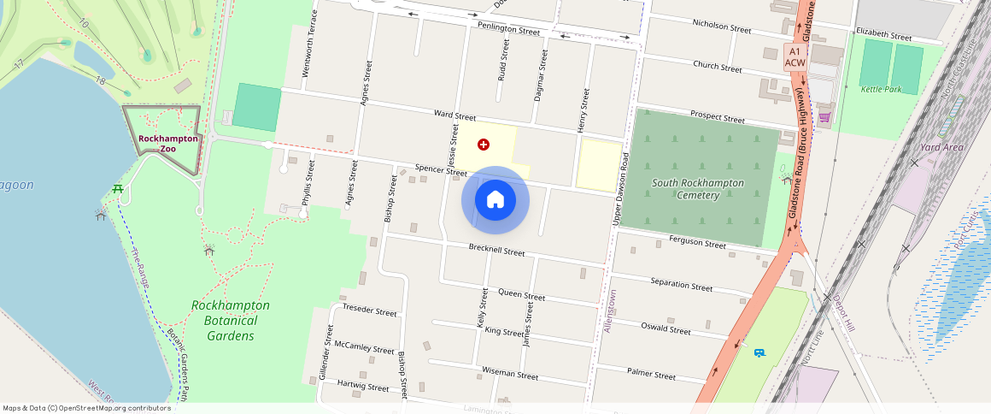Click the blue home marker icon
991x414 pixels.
click(x=495, y=200)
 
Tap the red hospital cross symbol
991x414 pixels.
click(x=484, y=145)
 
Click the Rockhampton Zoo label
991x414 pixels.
click(x=168, y=144)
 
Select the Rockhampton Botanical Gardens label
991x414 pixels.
click(x=231, y=320)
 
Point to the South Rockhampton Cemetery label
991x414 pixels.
click(x=698, y=189)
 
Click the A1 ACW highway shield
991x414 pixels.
click(x=795, y=57)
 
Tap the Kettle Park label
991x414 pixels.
click(x=882, y=89)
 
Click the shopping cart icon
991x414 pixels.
click(x=824, y=117)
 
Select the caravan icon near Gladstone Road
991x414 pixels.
click(x=759, y=352)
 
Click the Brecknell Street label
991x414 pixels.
click(x=496, y=251)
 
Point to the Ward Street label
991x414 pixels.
click(x=454, y=115)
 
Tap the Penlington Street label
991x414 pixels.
click(x=509, y=30)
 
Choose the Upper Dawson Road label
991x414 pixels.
click(x=620, y=189)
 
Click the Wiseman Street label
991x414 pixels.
click(x=510, y=374)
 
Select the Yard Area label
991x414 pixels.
click(x=942, y=147)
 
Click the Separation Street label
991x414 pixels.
click(x=681, y=285)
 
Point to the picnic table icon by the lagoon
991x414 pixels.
click(x=118, y=188)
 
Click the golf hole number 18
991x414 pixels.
click(x=100, y=80)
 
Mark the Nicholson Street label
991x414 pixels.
click(x=722, y=27)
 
